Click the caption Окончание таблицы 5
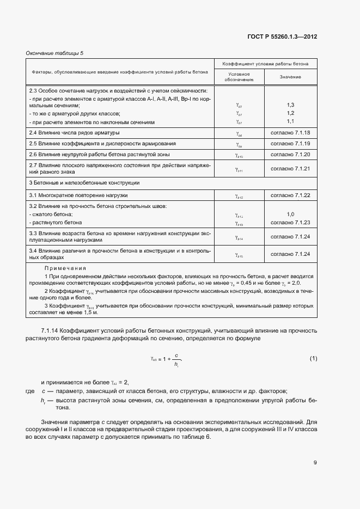click(x=55, y=53)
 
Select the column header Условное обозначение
click(x=239, y=77)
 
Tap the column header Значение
click(x=290, y=77)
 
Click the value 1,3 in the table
click(x=290, y=105)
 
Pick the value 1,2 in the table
click(x=290, y=113)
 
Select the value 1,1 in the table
click(x=290, y=121)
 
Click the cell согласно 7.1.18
click(x=290, y=133)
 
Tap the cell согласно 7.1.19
click(x=290, y=144)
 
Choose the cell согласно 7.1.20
click(x=290, y=155)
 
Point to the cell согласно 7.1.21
click(x=290, y=168)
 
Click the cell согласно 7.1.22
click(x=290, y=195)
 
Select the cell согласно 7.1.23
click(x=290, y=223)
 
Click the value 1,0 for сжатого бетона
click(x=290, y=214)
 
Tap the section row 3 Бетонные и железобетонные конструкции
click(x=84, y=182)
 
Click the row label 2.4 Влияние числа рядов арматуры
click(x=74, y=133)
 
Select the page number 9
click(x=315, y=463)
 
